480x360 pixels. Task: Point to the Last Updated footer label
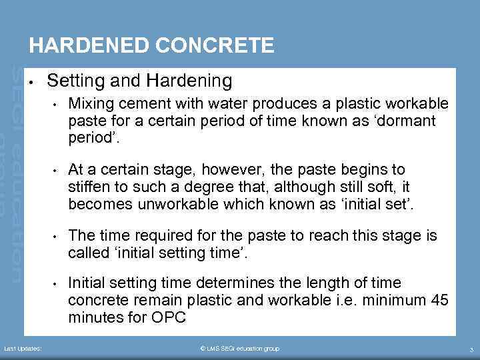pyautogui.click(x=23, y=349)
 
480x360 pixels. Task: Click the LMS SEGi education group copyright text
pyautogui.click(x=240, y=349)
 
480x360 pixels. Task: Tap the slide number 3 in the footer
pyautogui.click(x=471, y=349)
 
